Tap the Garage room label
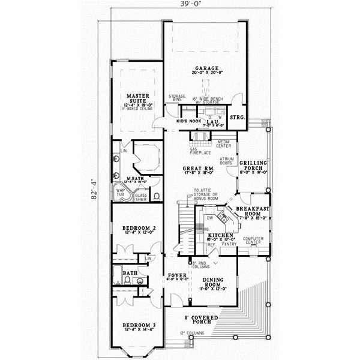coord(206,68)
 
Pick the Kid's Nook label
coord(187,122)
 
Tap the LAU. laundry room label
coord(211,122)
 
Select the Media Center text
coord(224,145)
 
